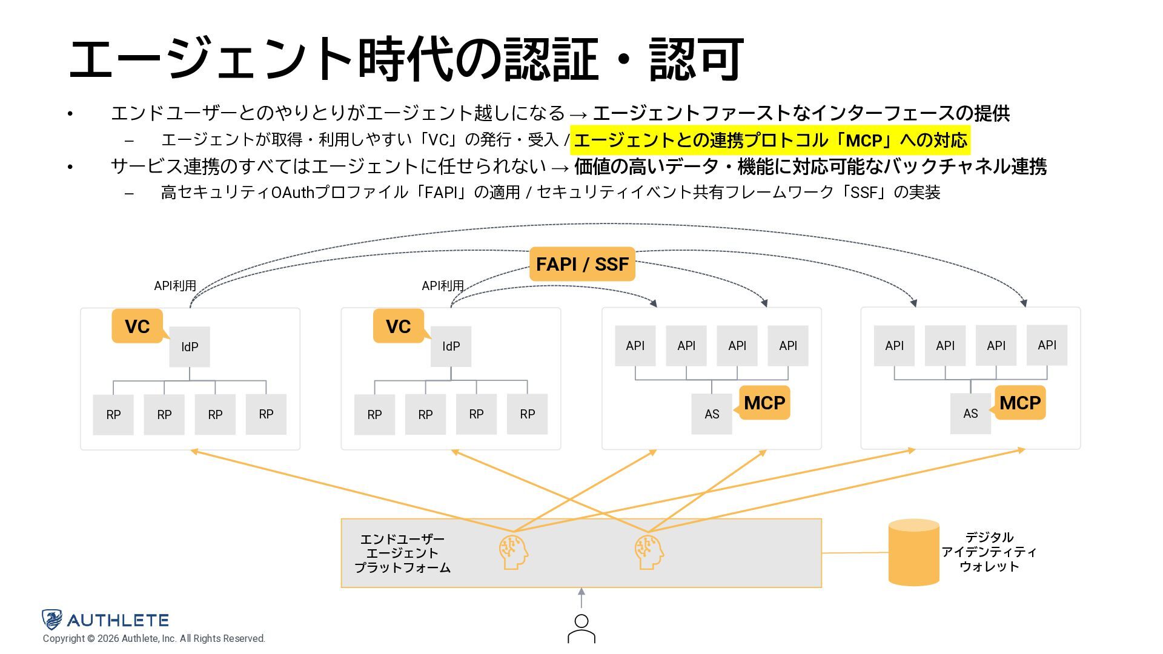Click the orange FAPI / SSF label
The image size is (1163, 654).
point(582,264)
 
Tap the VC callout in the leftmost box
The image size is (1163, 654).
point(138,326)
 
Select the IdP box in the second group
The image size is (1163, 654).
point(451,346)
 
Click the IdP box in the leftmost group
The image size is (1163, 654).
point(190,347)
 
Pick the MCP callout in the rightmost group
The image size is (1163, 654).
point(1020,403)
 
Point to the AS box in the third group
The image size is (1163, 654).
point(712,414)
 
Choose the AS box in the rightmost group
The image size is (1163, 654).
point(970,414)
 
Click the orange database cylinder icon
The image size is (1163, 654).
point(913,552)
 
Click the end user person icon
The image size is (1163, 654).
point(581,629)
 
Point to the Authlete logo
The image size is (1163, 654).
point(105,619)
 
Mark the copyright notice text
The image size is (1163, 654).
point(154,639)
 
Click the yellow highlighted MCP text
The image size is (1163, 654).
point(770,140)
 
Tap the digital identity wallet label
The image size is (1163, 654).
point(989,552)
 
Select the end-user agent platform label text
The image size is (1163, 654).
point(402,553)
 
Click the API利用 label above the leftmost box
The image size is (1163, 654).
point(175,286)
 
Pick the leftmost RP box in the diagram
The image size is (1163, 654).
point(113,415)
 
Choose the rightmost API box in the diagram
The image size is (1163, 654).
point(1047,345)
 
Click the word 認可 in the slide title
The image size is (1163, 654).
point(697,59)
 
